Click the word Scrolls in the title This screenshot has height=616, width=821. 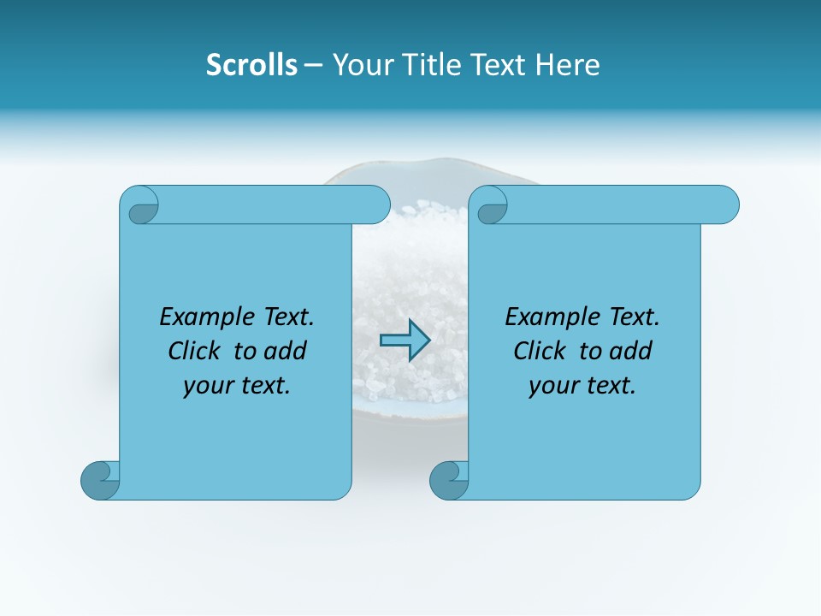coord(251,65)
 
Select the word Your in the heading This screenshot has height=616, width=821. coord(360,65)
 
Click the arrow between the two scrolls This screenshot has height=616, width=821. coord(405,340)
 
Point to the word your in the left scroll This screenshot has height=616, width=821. coord(205,386)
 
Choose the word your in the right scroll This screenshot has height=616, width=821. coord(551,386)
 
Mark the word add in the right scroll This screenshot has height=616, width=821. coord(630,351)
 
